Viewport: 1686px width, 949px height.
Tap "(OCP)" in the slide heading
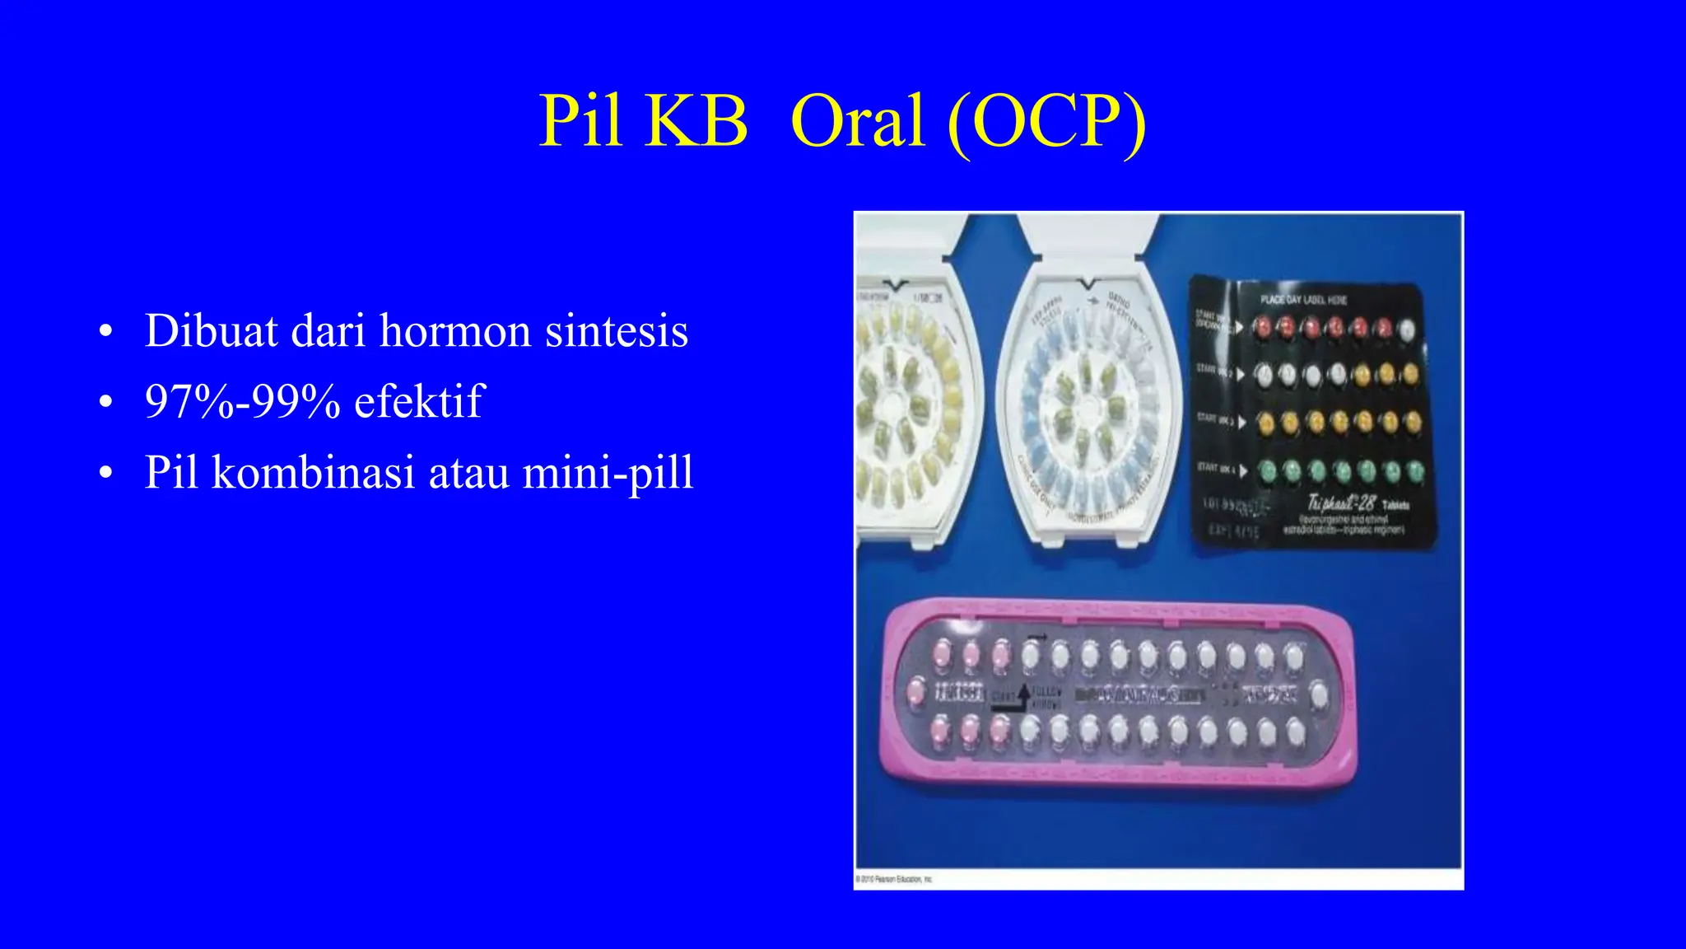coord(1046,121)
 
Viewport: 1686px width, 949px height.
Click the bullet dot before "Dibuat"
coord(105,333)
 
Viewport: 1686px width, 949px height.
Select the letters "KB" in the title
coord(696,121)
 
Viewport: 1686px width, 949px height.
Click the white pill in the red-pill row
coord(1409,330)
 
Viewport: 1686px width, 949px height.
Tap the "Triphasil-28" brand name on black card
coord(1342,502)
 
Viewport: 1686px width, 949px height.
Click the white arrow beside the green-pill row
coord(1242,470)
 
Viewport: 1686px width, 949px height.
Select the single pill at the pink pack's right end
coord(1319,694)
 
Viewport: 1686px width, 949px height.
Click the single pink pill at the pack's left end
coord(915,691)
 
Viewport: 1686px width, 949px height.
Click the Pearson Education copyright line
coord(894,880)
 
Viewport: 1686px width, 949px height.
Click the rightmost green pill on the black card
coord(1415,472)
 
